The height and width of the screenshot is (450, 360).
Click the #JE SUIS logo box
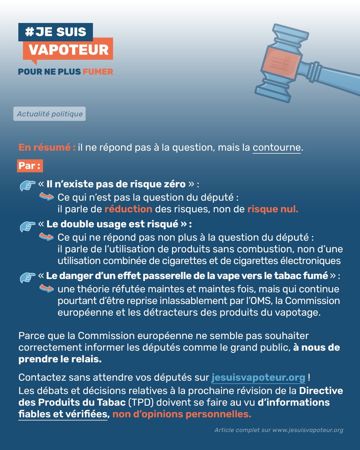[x=55, y=32]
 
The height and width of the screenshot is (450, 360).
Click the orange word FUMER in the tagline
[x=98, y=72]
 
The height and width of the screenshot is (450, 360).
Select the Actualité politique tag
[x=49, y=114]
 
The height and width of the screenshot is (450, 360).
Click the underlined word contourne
[x=277, y=148]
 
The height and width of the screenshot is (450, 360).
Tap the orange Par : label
[x=30, y=166]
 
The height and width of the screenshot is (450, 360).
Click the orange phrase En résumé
[x=46, y=148]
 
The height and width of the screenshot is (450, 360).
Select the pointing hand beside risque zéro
[x=27, y=185]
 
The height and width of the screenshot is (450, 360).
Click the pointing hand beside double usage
[x=27, y=225]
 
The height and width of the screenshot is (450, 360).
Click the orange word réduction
[x=128, y=209]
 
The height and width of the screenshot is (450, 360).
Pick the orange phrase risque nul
[x=273, y=209]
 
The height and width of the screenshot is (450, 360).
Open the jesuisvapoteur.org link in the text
[x=258, y=376]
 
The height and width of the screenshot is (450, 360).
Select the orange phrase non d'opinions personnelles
[x=181, y=414]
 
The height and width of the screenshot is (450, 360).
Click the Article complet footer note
[x=279, y=430]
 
